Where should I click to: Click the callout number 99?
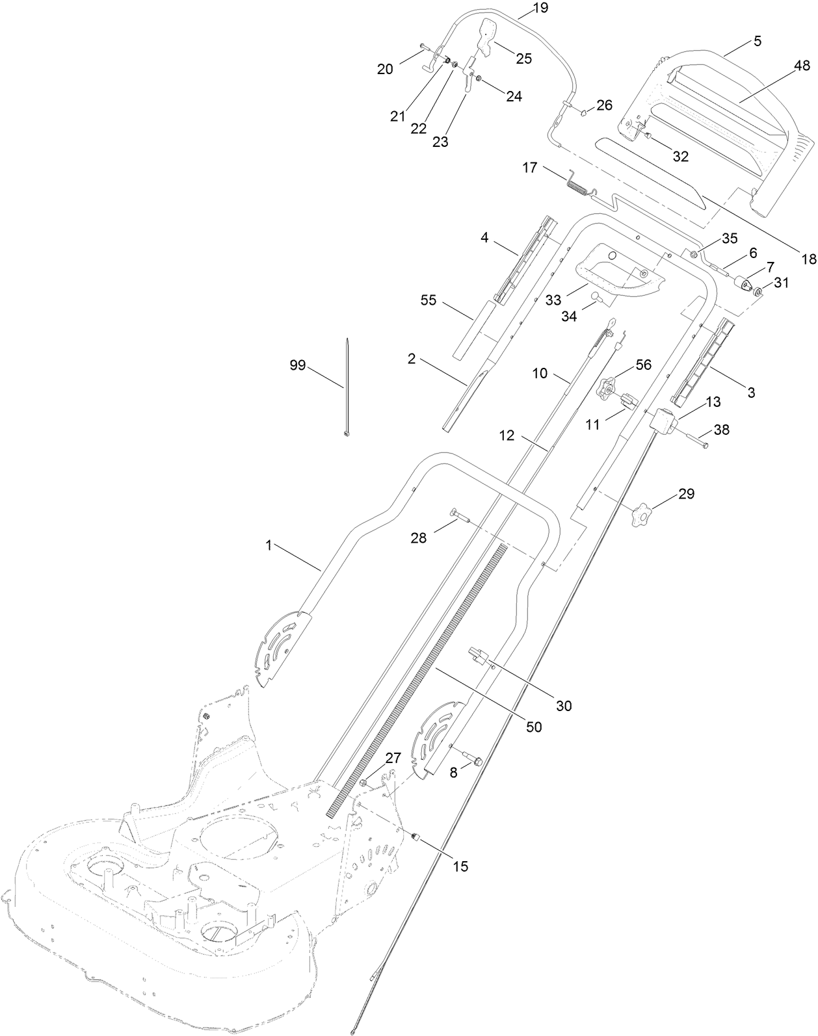297,365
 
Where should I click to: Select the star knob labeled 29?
642,515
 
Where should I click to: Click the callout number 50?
533,727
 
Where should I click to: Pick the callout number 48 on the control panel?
802,66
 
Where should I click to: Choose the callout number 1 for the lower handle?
268,546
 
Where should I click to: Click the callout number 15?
460,866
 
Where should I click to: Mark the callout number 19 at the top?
540,8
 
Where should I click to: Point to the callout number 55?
429,301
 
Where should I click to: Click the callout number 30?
564,705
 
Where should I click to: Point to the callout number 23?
440,142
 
